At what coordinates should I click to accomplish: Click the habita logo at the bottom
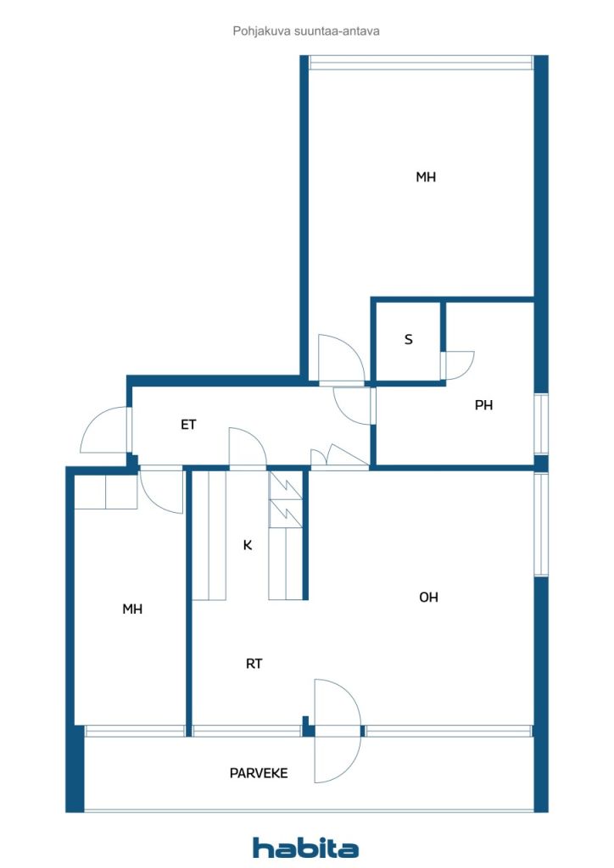pos(305,847)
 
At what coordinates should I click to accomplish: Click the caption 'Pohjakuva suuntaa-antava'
pos(306,31)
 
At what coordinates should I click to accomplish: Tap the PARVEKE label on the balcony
pos(259,773)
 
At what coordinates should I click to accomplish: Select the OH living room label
pos(429,597)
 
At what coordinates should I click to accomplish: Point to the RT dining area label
pos(254,664)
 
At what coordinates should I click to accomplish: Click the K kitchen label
pos(248,545)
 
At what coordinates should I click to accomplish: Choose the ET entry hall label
pos(188,425)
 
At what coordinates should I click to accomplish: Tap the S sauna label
pos(409,340)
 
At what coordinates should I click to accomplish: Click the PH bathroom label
pos(483,405)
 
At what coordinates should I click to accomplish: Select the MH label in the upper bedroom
pos(426,177)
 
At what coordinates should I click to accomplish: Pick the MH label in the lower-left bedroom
pos(132,609)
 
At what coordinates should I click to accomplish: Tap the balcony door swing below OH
pos(337,729)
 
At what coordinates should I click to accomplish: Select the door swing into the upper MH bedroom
pos(341,359)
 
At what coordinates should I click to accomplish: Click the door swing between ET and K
pos(248,448)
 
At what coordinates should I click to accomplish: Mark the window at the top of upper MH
pos(421,62)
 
